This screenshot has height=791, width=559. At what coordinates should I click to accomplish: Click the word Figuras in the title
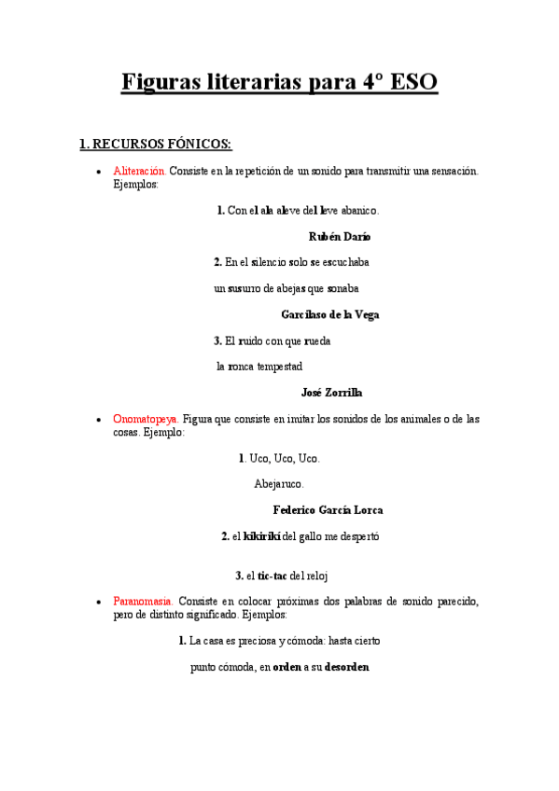(x=164, y=83)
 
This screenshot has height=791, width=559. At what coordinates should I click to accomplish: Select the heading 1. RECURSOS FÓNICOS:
(x=155, y=145)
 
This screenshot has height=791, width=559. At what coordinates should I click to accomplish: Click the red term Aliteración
(x=140, y=172)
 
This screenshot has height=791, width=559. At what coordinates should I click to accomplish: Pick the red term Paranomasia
(x=143, y=602)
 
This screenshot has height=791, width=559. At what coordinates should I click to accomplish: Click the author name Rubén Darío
(x=339, y=237)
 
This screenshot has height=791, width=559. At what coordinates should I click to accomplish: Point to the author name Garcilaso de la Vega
(x=329, y=315)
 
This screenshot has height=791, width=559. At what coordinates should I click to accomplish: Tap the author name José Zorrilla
(x=331, y=393)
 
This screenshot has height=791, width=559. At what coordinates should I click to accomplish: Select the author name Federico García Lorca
(x=328, y=510)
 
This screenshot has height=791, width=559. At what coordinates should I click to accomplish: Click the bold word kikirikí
(x=261, y=536)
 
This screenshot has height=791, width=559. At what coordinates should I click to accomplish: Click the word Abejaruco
(x=279, y=484)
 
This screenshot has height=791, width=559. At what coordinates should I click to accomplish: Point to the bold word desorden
(x=346, y=667)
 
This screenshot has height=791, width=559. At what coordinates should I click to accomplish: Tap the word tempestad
(x=279, y=367)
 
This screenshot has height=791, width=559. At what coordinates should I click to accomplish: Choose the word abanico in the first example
(x=359, y=211)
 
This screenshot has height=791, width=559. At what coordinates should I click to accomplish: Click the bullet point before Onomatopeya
(x=99, y=421)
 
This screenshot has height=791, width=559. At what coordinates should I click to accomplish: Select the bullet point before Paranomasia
(x=99, y=603)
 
